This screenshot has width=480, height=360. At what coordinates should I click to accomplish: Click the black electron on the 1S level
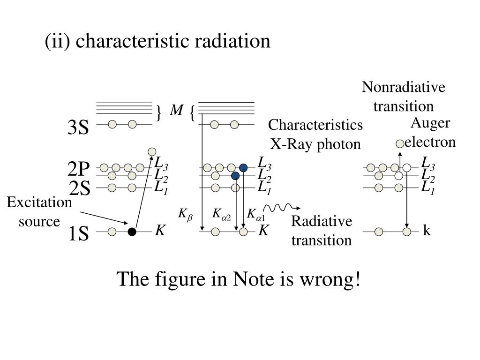132,232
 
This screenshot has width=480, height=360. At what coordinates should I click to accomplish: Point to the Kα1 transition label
256,215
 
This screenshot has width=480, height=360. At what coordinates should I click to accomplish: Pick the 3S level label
78,127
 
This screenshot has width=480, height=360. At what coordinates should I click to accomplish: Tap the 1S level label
78,233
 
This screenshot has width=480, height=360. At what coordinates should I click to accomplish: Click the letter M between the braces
176,111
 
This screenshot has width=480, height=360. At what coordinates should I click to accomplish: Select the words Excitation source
39,212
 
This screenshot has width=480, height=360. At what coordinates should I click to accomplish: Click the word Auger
430,123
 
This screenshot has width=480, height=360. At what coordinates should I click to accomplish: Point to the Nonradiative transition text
404,97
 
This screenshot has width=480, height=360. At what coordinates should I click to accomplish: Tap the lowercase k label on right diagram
427,231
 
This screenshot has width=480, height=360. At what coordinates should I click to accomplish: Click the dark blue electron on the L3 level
243,168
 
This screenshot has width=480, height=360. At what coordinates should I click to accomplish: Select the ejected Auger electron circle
400,143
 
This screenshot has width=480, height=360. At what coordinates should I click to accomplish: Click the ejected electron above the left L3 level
152,151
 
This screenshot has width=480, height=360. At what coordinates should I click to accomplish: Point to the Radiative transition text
321,231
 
